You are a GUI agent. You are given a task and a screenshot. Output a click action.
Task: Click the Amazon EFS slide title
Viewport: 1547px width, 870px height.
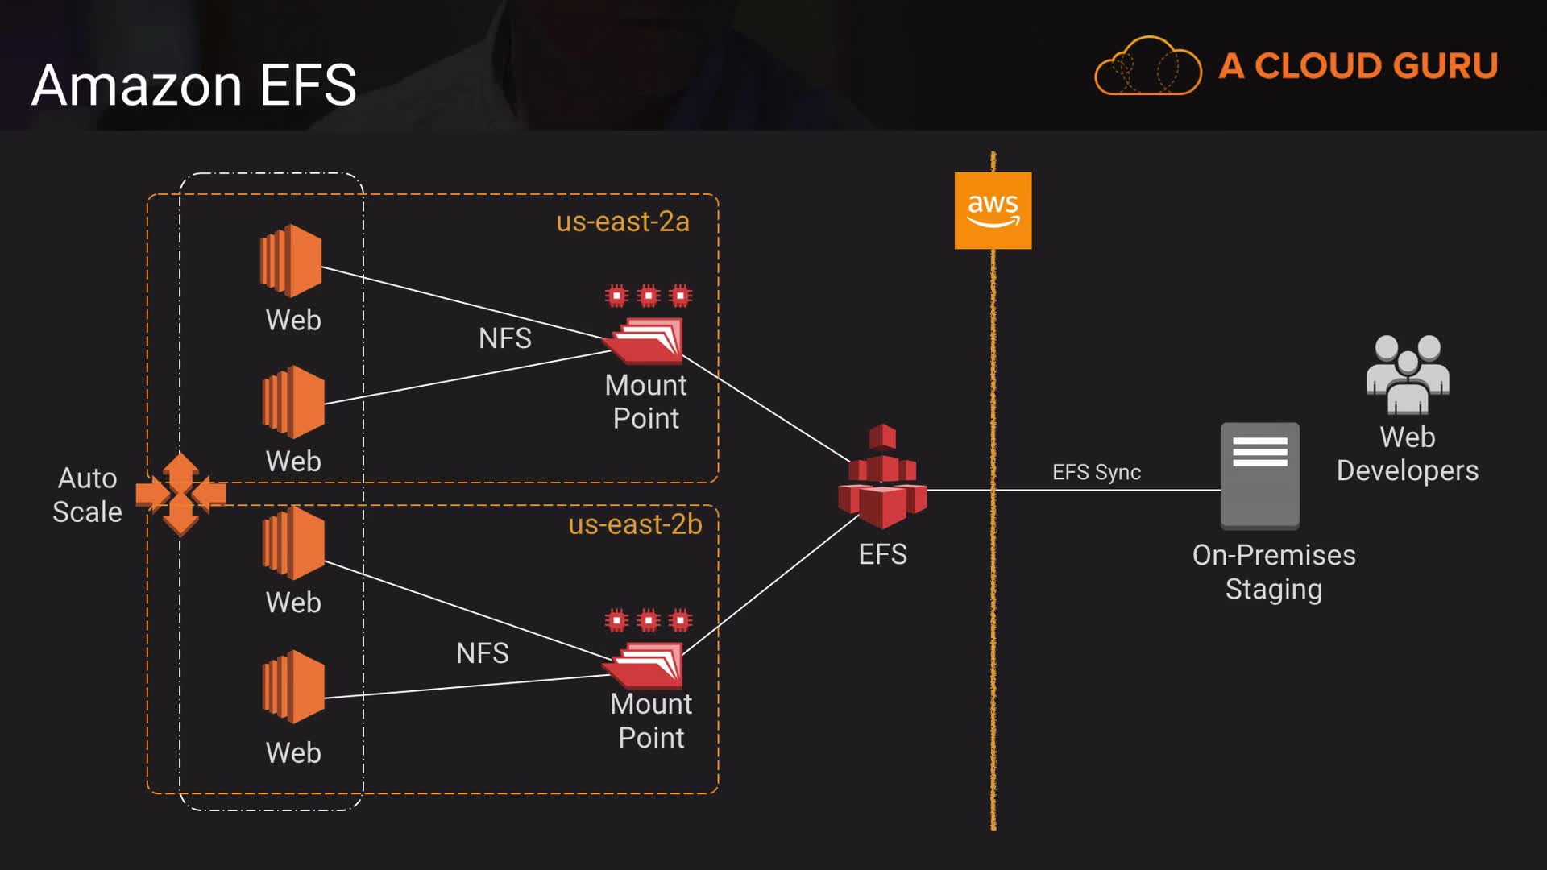tap(193, 85)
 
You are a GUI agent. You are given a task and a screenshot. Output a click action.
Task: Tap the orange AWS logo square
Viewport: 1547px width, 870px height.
tap(993, 210)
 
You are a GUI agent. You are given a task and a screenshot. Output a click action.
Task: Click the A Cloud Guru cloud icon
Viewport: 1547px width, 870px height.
tap(1147, 67)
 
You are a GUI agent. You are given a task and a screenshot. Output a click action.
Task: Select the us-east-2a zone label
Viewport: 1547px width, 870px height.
tap(623, 222)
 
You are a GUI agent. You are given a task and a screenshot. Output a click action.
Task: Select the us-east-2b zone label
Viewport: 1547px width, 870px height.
tap(635, 524)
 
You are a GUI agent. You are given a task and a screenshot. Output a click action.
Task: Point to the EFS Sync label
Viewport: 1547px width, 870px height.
tap(1097, 472)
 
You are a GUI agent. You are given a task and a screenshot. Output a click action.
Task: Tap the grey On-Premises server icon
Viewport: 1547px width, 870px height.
tap(1259, 475)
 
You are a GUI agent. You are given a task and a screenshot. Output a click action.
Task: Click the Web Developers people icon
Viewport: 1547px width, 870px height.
tap(1408, 374)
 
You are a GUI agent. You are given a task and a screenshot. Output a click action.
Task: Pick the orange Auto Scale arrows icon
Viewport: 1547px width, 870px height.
tap(180, 494)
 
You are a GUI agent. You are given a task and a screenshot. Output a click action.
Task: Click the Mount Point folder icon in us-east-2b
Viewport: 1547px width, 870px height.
tap(645, 665)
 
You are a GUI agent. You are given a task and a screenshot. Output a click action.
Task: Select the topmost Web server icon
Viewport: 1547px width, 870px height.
tap(291, 260)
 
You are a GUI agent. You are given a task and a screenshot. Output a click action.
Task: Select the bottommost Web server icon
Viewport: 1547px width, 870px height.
tap(293, 686)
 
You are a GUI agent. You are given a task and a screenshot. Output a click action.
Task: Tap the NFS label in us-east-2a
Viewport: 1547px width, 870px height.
tap(505, 338)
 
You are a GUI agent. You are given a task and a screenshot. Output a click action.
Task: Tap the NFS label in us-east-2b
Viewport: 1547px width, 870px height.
tap(483, 653)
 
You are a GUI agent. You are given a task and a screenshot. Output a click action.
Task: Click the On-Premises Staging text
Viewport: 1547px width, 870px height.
tap(1274, 572)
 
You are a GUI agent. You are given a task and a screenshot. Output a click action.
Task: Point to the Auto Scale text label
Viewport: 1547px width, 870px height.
tap(87, 495)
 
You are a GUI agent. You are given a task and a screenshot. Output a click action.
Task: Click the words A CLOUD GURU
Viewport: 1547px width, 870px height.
tap(1358, 66)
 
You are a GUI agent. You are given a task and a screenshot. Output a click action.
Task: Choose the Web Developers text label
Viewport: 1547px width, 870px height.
tap(1408, 454)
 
